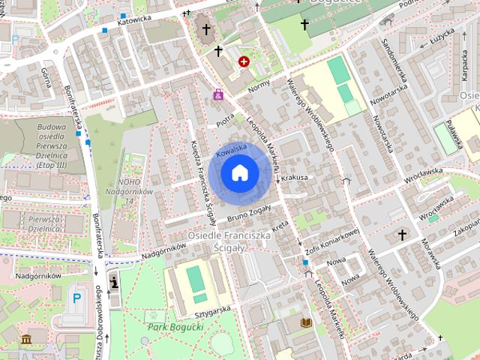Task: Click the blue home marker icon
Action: pyautogui.click(x=240, y=172)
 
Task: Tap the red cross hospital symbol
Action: pyautogui.click(x=244, y=61)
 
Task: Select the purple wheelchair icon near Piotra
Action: pyautogui.click(x=218, y=95)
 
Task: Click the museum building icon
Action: pyautogui.click(x=27, y=340)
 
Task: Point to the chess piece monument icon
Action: pyautogui.click(x=114, y=282)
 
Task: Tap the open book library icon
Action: pyautogui.click(x=306, y=322)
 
